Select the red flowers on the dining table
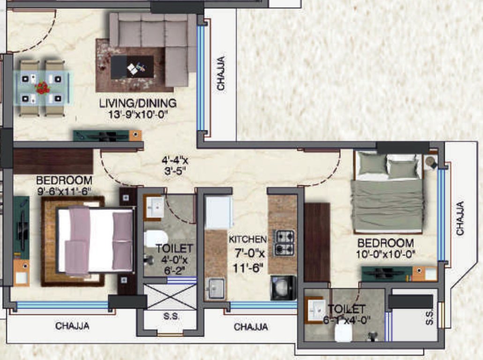[x=43, y=87]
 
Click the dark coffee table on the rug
[x=132, y=67]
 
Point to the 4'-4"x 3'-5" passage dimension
[x=175, y=165]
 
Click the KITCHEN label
[x=248, y=239]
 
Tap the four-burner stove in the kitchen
[x=284, y=242]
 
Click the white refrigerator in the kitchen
[x=219, y=212]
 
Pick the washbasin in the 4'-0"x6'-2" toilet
[x=155, y=208]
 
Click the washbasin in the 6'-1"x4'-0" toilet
[x=317, y=308]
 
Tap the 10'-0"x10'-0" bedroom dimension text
[x=386, y=255]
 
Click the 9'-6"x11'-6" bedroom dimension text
[x=64, y=191]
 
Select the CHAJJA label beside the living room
[x=221, y=74]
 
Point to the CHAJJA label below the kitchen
[x=251, y=327]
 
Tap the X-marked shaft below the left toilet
[x=170, y=296]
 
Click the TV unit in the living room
[x=108, y=135]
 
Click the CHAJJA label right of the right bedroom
[x=461, y=218]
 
